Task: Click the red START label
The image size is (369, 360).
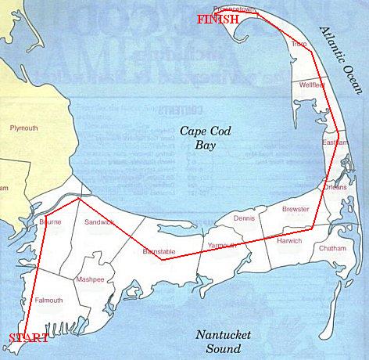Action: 28,338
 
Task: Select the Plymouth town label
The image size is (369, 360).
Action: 23,127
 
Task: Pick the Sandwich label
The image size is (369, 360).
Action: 99,223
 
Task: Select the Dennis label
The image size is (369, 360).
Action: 244,218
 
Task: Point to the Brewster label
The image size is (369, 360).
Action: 295,210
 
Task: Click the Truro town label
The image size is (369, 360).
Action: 299,45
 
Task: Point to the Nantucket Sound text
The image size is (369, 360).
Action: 223,341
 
